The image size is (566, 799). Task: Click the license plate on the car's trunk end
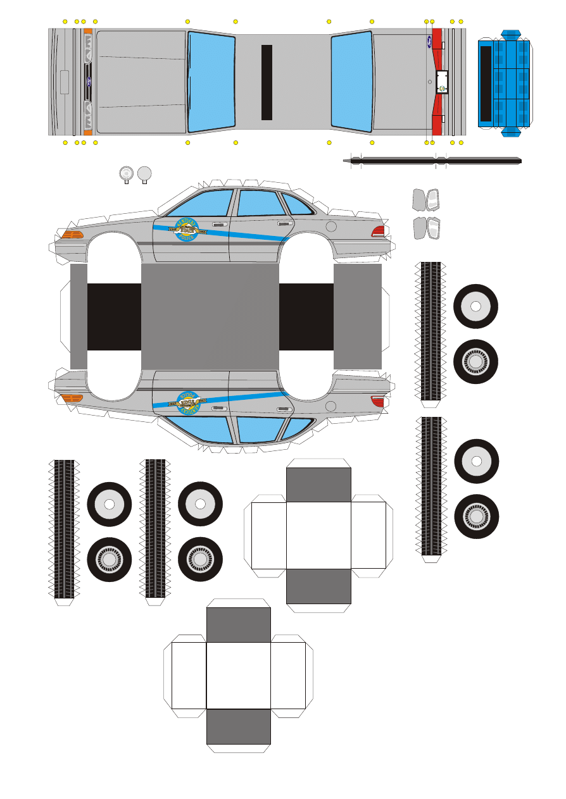443,82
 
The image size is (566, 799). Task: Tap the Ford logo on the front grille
88,82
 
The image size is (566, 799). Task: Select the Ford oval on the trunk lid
429,43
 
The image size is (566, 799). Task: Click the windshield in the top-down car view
211,82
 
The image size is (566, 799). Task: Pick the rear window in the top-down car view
351,82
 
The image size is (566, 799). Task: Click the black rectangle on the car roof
267,82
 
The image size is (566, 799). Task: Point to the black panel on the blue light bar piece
486,83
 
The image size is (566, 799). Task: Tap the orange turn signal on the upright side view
72,234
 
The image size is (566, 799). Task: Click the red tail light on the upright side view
379,231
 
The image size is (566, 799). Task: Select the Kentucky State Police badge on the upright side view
186,230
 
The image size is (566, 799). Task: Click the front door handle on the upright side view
220,224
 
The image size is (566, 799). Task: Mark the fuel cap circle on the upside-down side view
330,405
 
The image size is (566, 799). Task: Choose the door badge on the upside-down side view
189,402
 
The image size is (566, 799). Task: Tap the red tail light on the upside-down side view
378,400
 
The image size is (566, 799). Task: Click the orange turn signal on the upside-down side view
72,398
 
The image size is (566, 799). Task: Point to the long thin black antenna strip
437,161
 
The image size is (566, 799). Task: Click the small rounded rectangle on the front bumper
64,82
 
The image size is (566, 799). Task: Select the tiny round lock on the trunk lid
430,82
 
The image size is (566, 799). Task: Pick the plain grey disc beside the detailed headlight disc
145,172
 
